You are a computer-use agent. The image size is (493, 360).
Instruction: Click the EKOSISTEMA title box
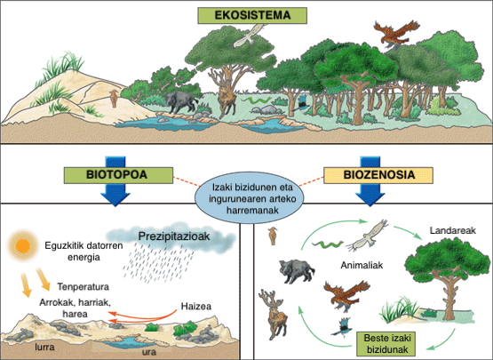coord(252,15)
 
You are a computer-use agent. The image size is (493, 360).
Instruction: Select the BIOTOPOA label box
coord(118,175)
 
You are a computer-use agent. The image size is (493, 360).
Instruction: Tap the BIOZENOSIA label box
coord(378,175)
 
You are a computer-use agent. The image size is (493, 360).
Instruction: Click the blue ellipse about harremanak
coord(250,197)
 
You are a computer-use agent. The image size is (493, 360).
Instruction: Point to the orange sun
coord(22,245)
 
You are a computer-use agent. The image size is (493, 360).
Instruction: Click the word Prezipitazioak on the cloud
coord(174,236)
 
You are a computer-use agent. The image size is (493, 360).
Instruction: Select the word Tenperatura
coord(83,287)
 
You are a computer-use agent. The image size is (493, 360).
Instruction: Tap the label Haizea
coord(196,306)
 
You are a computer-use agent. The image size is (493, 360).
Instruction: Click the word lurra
coord(44,347)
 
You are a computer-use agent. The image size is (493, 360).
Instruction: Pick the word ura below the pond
coord(149,351)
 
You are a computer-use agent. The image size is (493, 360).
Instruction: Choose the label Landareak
coord(453,230)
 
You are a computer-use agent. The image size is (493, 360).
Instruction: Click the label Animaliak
coord(362,265)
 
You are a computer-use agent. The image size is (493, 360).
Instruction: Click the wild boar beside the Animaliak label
coord(297,270)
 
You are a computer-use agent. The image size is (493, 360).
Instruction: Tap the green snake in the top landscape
coord(258,100)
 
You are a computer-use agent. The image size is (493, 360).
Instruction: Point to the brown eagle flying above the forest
coord(396,34)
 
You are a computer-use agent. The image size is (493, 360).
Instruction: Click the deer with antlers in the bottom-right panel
coord(273,314)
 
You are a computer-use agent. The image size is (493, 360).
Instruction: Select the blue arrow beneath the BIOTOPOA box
coord(115,181)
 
